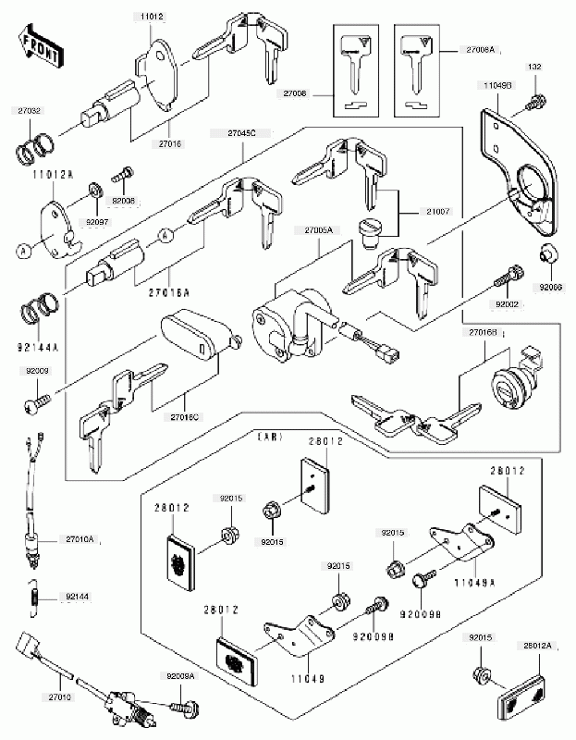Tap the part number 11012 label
click(x=153, y=17)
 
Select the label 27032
click(x=29, y=110)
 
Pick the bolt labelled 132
click(x=534, y=103)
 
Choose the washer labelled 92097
click(x=96, y=191)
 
